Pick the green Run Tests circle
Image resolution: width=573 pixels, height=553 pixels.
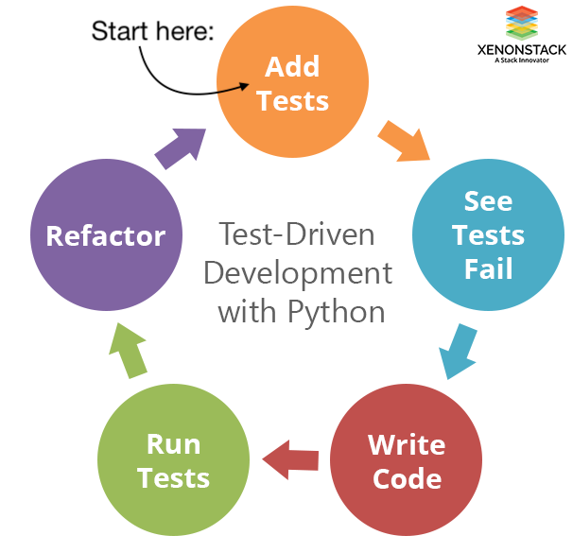pyautogui.click(x=174, y=460)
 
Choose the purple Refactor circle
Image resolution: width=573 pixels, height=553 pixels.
pyautogui.click(x=106, y=235)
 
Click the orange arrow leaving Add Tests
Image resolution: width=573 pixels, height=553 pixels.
pyautogui.click(x=403, y=138)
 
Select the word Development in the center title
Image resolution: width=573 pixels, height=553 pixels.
pyautogui.click(x=298, y=272)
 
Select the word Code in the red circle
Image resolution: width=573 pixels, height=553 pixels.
pyautogui.click(x=407, y=477)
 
